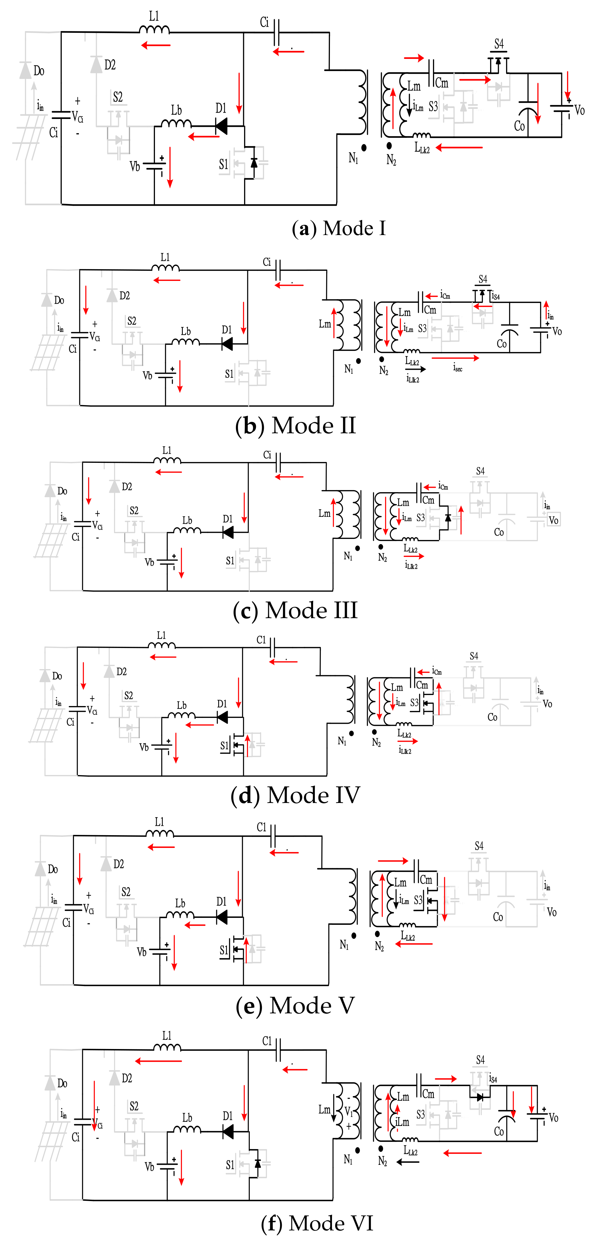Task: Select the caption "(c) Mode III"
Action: (295, 610)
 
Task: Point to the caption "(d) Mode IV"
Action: (295, 795)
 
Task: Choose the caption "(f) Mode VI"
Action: (317, 1223)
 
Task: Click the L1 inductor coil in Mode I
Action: (154, 30)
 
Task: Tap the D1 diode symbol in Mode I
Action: (222, 126)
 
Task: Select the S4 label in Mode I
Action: (499, 44)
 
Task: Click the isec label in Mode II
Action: (458, 368)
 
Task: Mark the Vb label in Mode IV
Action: (144, 747)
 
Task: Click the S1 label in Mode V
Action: (224, 950)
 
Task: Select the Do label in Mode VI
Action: (62, 1083)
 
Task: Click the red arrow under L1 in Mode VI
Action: (159, 1061)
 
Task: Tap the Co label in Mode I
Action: (519, 126)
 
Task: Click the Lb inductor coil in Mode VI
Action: (187, 1129)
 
